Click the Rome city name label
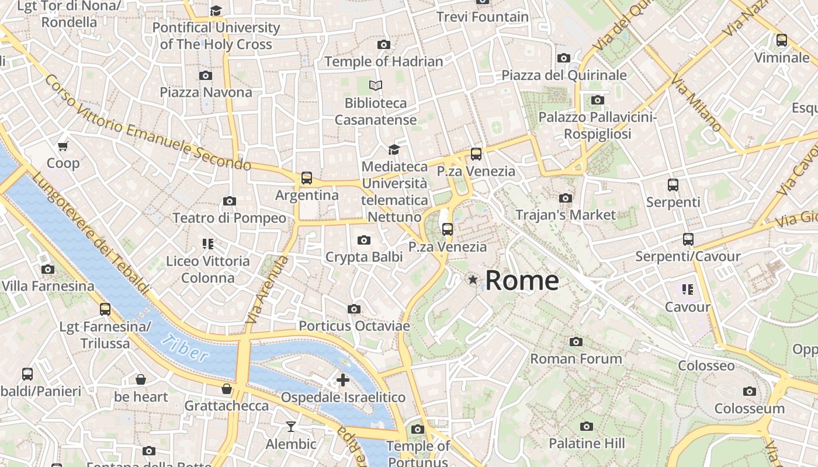[x=522, y=281]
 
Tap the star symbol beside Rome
[x=473, y=281]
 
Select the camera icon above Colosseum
[x=749, y=391]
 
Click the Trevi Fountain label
[x=483, y=17]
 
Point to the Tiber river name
[x=185, y=348]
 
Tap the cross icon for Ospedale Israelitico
[x=343, y=381]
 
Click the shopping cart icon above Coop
[x=63, y=146]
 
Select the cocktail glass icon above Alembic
[x=291, y=427]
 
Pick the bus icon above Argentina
[x=307, y=178]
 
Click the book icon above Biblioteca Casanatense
[x=376, y=86]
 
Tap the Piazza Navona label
[x=206, y=92]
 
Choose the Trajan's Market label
[x=565, y=215]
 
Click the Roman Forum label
[x=576, y=358]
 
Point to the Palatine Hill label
[x=587, y=444]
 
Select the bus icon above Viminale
[x=781, y=40]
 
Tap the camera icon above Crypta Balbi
[x=364, y=240]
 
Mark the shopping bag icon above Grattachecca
[x=227, y=389]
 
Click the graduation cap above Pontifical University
[x=216, y=11]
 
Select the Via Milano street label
[x=697, y=103]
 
